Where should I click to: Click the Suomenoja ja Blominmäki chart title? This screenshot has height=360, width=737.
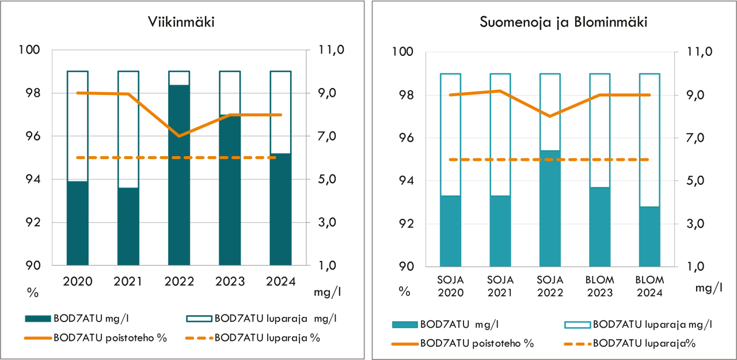(x=556, y=23)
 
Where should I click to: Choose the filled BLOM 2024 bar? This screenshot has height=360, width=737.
(x=649, y=236)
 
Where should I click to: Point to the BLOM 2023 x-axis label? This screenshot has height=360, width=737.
(x=599, y=286)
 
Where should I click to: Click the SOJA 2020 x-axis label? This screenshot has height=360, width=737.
(x=450, y=286)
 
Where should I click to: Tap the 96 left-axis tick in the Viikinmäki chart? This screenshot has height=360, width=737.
(x=33, y=137)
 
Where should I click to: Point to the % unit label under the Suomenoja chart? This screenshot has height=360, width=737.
(x=405, y=291)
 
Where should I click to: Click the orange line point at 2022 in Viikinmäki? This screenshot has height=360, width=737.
(x=179, y=137)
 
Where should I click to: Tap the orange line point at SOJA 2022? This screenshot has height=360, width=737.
(x=550, y=116)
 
